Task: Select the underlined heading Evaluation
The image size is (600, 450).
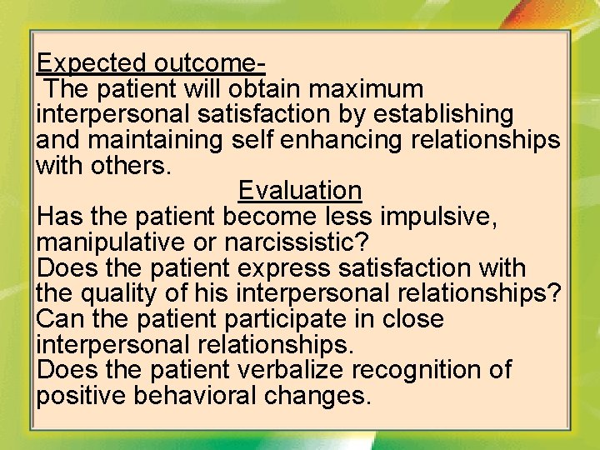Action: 300,191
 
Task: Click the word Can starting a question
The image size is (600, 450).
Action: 57,319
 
